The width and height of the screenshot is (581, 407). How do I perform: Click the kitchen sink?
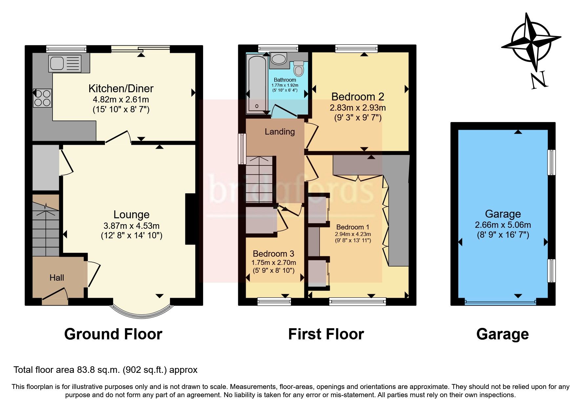pos(65,63)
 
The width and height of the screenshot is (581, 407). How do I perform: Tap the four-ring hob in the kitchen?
pos(42,98)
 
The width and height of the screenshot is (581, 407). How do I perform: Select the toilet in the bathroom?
pos(299,69)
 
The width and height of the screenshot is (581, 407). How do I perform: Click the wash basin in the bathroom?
pos(279,59)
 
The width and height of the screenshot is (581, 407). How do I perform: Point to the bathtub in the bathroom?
pos(257,84)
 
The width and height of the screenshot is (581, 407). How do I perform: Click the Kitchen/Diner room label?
pos(121,88)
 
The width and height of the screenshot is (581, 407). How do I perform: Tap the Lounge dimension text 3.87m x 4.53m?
pos(131,226)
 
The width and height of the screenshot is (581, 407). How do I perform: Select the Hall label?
pos(56,278)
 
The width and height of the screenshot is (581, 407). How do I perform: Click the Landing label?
pos(280,132)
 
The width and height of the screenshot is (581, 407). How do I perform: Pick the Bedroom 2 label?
pos(358,96)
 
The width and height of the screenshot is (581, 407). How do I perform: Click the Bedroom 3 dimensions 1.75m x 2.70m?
pos(274,263)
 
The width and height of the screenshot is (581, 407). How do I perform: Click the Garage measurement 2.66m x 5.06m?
pos(503,225)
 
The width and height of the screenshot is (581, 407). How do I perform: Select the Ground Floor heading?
pos(113,334)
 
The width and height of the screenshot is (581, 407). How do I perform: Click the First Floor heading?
pos(326,334)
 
